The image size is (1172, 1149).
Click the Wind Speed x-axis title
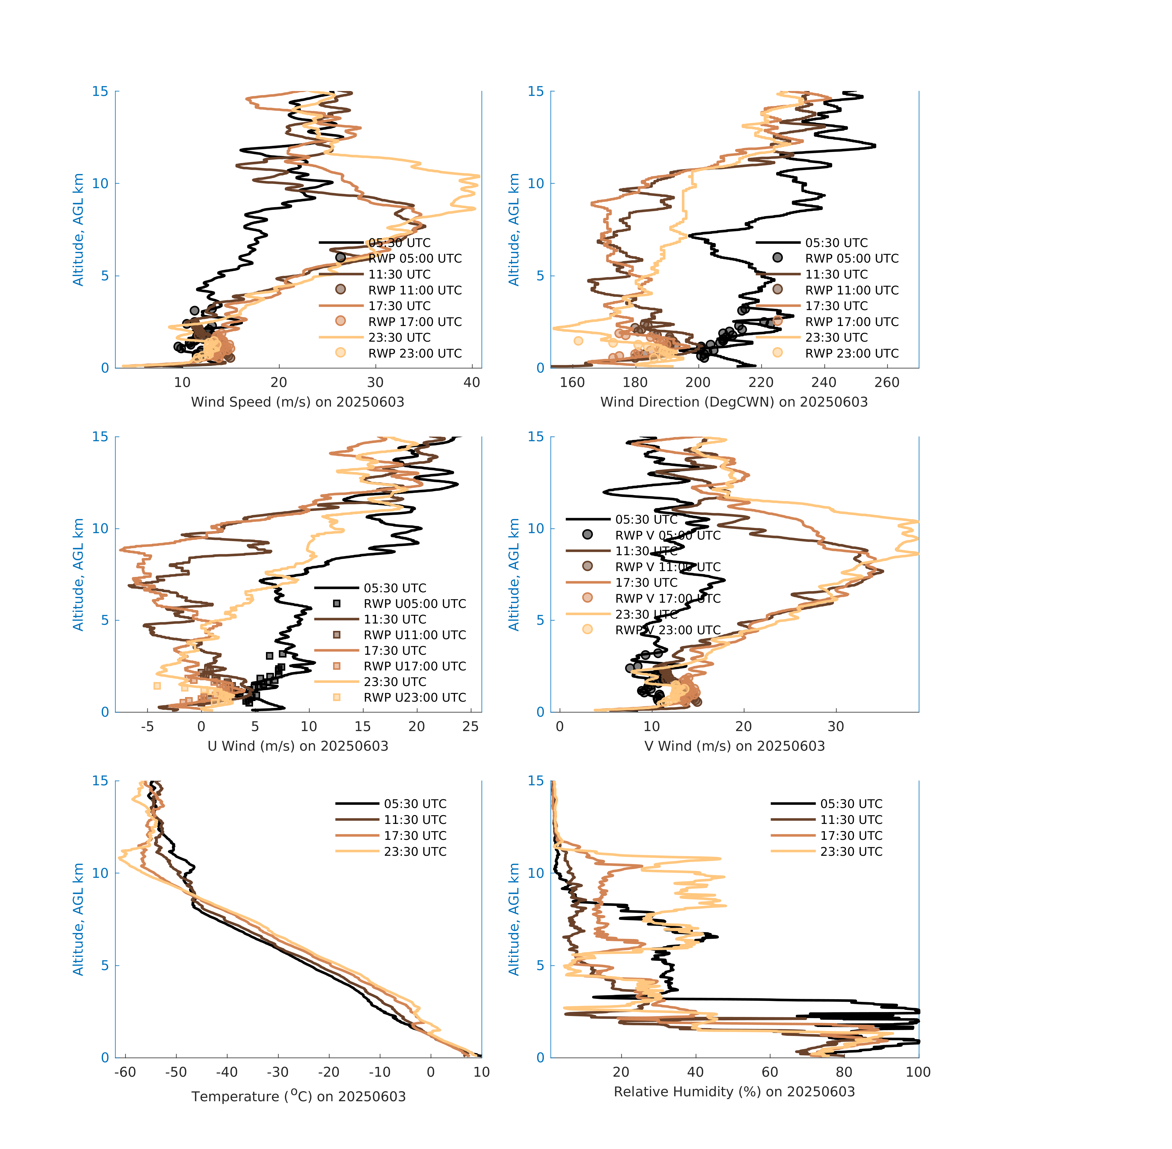(x=298, y=402)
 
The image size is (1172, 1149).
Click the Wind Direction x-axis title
(x=734, y=402)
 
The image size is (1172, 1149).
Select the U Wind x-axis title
(x=298, y=746)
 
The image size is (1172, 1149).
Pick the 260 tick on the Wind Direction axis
(x=886, y=383)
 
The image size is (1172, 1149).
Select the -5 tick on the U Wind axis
(x=147, y=726)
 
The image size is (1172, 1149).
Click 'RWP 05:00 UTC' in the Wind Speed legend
(x=415, y=258)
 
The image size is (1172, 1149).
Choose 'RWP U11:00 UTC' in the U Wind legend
(x=415, y=635)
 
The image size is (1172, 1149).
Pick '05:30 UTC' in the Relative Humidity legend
(x=851, y=804)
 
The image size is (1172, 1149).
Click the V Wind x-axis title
(x=734, y=746)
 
